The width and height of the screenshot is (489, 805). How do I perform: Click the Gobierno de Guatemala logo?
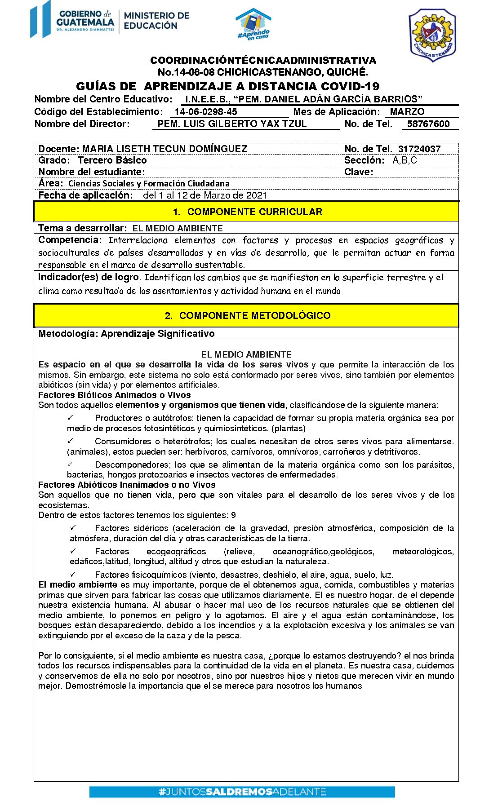tap(72, 20)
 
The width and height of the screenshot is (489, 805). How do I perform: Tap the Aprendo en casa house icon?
tap(253, 24)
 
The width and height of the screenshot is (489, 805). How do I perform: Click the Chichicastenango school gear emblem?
tap(432, 35)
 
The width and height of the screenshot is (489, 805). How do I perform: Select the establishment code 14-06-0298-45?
tap(205, 112)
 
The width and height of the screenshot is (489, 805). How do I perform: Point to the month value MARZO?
tap(407, 112)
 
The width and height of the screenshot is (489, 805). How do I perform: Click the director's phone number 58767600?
tap(428, 124)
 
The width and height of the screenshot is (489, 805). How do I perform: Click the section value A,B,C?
tap(405, 160)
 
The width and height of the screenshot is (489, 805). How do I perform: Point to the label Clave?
tap(358, 172)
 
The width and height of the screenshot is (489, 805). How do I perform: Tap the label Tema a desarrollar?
tap(82, 228)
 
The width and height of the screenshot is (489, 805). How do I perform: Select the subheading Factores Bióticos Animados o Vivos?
tap(114, 395)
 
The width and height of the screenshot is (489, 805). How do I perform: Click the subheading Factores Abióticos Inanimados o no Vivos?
tap(127, 485)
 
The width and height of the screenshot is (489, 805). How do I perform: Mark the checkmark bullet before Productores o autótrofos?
tap(70, 418)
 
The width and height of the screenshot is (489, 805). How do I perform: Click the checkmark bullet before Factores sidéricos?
tap(73, 528)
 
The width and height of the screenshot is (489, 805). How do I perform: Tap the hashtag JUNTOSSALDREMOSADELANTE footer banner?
tap(242, 792)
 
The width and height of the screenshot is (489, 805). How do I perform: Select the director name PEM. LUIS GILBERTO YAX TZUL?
tap(232, 124)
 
